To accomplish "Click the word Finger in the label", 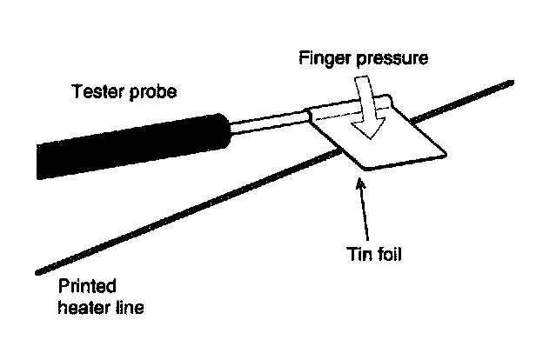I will (x=320, y=59).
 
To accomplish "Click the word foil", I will (x=391, y=256).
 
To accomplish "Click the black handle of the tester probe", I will (x=131, y=143).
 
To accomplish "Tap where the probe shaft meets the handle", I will (x=230, y=130).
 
